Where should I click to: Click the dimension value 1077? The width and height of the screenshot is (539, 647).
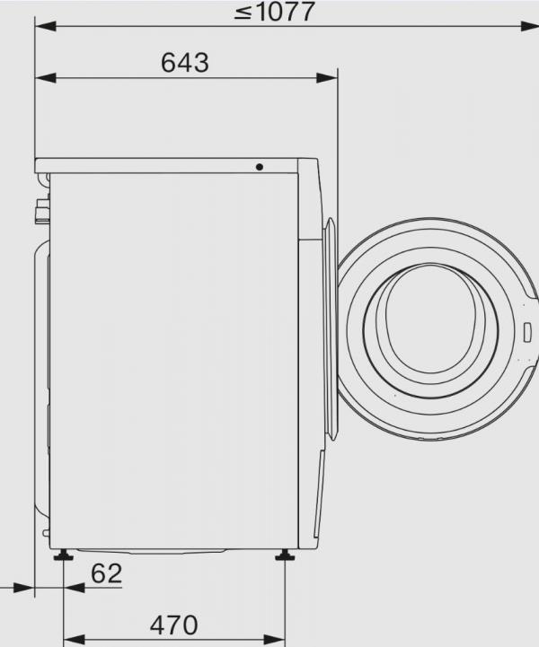pyautogui.click(x=285, y=12)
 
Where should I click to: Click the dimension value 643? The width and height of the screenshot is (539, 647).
pyautogui.click(x=185, y=63)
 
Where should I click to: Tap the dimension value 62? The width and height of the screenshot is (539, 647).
pyautogui.click(x=106, y=574)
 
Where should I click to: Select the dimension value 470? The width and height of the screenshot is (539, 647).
pyautogui.click(x=173, y=625)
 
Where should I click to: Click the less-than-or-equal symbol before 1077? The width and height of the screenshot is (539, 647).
pyautogui.click(x=243, y=13)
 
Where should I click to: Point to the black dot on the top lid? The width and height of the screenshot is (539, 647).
pyautogui.click(x=260, y=167)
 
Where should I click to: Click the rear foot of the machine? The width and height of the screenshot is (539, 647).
pyautogui.click(x=63, y=555)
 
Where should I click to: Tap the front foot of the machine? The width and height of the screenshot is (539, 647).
pyautogui.click(x=286, y=555)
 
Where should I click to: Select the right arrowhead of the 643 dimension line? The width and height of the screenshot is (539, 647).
pyautogui.click(x=327, y=77)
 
